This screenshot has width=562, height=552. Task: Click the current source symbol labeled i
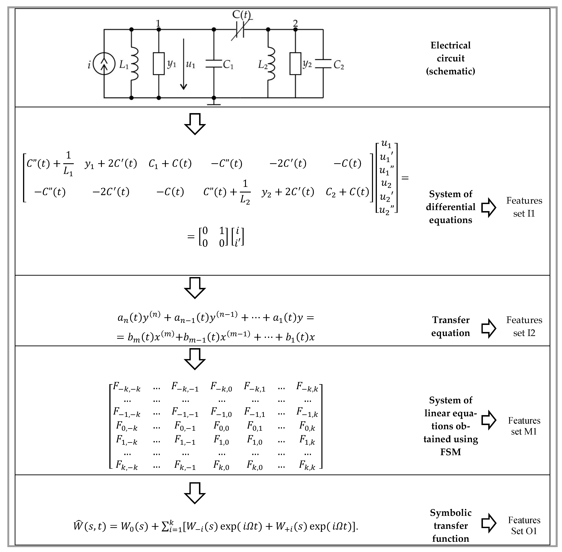pyautogui.click(x=104, y=64)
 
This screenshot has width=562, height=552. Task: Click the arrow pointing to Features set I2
pyautogui.click(x=489, y=328)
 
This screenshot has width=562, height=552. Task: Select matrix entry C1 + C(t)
pyautogui.click(x=170, y=164)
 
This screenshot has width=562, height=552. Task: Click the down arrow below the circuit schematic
pyautogui.click(x=195, y=124)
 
